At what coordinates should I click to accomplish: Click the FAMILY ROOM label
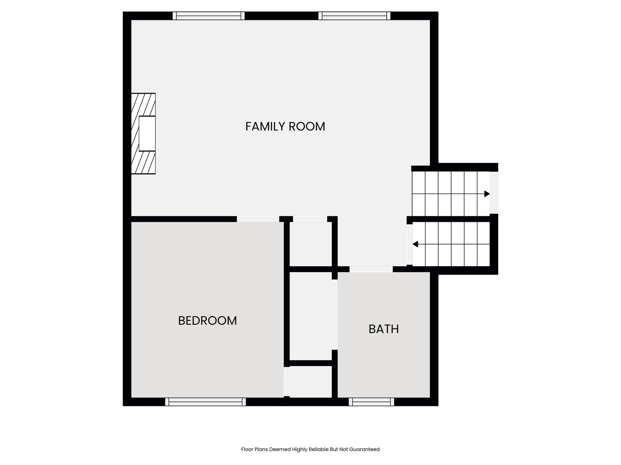click(285, 127)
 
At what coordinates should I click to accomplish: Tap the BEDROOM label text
click(207, 321)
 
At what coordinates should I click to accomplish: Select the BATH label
click(384, 329)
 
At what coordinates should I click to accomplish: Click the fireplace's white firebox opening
click(147, 134)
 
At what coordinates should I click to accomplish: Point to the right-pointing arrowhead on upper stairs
click(487, 194)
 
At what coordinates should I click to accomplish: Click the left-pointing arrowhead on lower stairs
click(415, 244)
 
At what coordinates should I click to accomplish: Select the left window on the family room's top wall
click(209, 16)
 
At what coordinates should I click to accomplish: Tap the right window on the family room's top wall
click(354, 16)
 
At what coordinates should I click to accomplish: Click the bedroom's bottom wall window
click(206, 402)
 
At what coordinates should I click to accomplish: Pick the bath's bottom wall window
click(371, 402)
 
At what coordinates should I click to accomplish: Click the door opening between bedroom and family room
click(258, 219)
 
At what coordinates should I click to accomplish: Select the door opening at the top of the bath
click(371, 269)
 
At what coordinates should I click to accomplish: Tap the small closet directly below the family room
click(310, 244)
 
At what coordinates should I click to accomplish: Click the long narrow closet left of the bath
click(310, 316)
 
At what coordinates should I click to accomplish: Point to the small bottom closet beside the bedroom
click(310, 382)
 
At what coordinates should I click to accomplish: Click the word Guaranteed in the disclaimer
click(364, 449)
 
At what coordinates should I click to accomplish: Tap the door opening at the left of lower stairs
click(410, 244)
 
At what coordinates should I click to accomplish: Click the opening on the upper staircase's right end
click(494, 193)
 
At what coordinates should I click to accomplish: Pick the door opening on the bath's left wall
click(334, 315)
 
